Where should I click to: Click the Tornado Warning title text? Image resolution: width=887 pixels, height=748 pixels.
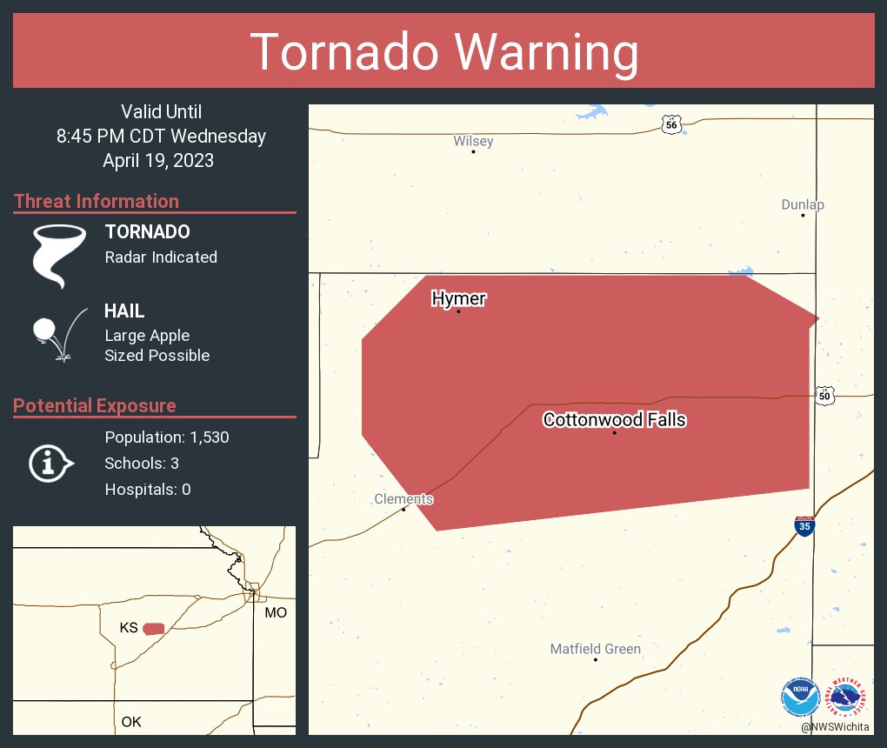[443, 52]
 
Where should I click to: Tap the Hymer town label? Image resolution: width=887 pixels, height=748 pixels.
[458, 299]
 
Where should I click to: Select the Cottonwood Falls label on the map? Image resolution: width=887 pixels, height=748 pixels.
[614, 420]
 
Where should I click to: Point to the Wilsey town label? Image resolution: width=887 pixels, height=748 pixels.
[473, 141]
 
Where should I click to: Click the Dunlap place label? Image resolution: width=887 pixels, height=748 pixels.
[802, 204]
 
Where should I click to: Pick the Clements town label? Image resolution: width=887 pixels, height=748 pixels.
[403, 499]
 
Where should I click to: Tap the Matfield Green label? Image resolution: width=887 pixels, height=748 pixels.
[595, 649]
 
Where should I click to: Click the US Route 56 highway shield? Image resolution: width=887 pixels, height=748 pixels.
[670, 124]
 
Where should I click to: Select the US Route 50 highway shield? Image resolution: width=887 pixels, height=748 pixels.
[824, 396]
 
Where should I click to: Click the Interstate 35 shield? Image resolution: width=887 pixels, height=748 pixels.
[804, 526]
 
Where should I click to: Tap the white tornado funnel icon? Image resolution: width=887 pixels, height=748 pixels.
[58, 256]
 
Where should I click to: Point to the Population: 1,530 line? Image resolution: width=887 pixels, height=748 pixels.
[166, 437]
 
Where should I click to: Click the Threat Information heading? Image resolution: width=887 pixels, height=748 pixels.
[97, 201]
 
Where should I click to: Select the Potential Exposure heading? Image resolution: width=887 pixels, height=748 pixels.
[95, 405]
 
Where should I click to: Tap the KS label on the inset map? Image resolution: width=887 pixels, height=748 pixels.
[129, 628]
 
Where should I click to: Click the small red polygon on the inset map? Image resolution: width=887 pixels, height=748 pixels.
[154, 628]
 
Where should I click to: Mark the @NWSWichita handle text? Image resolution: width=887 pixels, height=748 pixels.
[836, 726]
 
